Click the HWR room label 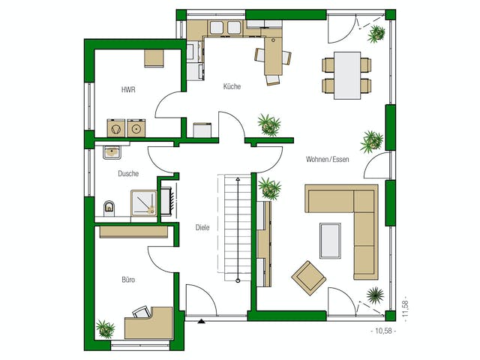[x=128, y=90]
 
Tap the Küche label [x=232, y=86]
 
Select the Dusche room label [x=128, y=173]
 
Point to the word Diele [x=202, y=227]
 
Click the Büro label [x=128, y=280]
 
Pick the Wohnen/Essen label [x=328, y=159]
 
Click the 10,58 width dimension [x=383, y=331]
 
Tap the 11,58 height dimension [x=406, y=309]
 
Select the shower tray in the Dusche [x=144, y=202]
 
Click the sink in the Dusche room [x=112, y=152]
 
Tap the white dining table [x=347, y=76]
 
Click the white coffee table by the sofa [x=330, y=241]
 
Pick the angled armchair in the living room [x=309, y=277]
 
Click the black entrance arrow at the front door [x=202, y=321]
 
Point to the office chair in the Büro [x=142, y=312]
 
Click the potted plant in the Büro [x=105, y=329]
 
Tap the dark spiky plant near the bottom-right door [x=375, y=295]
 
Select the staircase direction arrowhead [x=238, y=179]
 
